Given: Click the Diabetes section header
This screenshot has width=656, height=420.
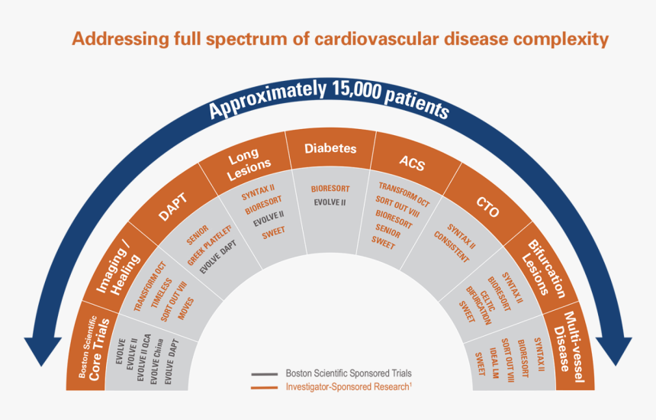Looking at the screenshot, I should point(330,148).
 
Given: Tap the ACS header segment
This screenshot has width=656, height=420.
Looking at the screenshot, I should point(410,162).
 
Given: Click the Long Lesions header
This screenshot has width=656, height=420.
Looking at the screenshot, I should point(249,162).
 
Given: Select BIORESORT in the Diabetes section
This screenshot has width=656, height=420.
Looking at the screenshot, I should point(329,188).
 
